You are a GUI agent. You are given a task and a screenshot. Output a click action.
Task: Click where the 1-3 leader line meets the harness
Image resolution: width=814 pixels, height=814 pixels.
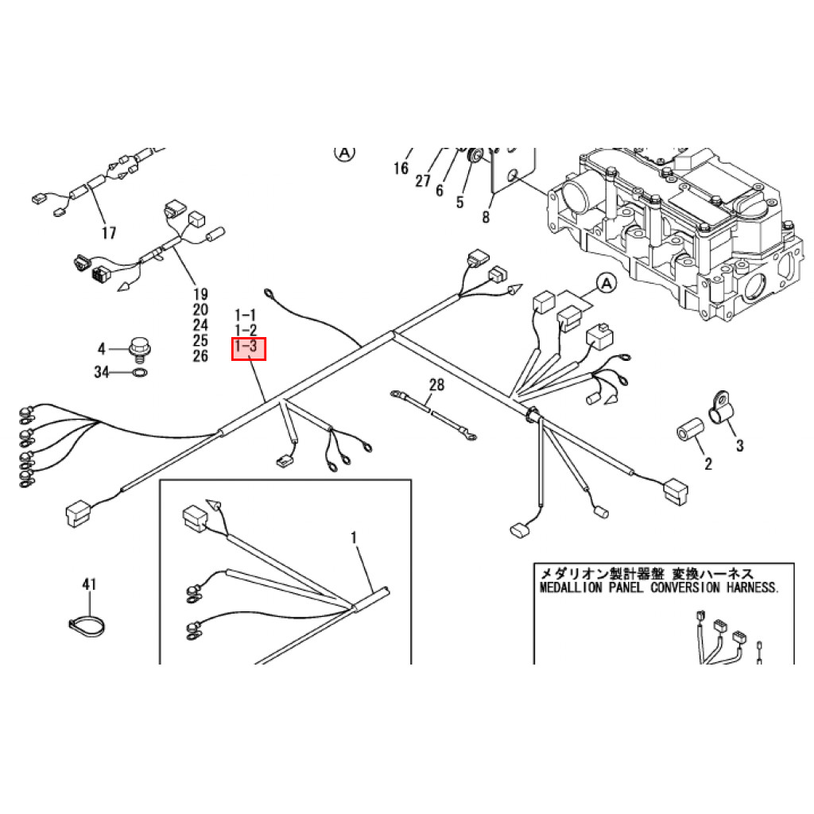point(266,401)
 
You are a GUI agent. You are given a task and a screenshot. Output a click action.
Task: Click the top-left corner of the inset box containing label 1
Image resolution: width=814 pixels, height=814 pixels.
point(160,480)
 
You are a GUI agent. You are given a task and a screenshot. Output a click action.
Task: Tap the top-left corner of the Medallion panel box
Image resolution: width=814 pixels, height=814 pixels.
point(534,564)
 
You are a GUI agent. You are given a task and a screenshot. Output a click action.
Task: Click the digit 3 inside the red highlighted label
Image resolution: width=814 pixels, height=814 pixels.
point(252,345)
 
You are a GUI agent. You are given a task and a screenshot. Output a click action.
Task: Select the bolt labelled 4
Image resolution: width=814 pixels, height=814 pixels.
point(138,349)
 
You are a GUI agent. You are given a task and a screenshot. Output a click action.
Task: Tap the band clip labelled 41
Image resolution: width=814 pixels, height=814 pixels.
point(86,626)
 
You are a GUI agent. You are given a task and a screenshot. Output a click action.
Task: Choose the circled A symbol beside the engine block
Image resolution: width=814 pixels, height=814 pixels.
point(606,284)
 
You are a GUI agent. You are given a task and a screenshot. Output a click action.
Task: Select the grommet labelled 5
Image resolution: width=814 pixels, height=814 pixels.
point(474,156)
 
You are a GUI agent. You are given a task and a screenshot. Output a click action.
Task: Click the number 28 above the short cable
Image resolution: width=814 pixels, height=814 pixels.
point(436,385)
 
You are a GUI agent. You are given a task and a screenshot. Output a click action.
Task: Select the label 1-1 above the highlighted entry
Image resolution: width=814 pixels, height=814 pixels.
point(246,315)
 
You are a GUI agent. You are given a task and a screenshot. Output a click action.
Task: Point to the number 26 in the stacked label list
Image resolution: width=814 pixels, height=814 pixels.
point(200,355)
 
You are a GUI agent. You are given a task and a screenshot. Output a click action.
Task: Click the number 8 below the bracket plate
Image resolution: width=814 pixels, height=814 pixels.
point(486,216)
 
